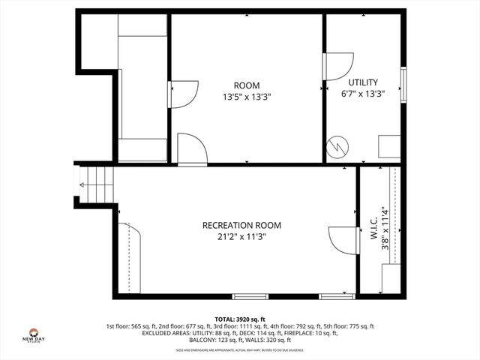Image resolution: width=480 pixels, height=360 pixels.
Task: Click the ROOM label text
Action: click(x=246, y=85)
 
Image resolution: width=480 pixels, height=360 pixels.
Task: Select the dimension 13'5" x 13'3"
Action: click(x=246, y=97)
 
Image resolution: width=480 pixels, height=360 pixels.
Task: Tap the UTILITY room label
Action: click(x=363, y=82)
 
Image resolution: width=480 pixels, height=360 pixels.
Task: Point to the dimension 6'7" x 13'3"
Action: click(x=363, y=94)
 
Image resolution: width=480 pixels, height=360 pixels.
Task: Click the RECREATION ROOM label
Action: click(x=241, y=225)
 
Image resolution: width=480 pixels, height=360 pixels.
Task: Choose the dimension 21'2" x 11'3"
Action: click(x=241, y=237)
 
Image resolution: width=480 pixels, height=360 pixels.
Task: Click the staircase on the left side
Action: click(x=98, y=180)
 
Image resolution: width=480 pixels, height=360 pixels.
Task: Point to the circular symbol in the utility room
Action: click(x=338, y=145)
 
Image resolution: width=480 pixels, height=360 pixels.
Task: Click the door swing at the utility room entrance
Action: click(x=338, y=66)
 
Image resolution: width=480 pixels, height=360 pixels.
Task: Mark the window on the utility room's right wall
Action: click(x=403, y=88)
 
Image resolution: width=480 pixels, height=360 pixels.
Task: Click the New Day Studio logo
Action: click(x=34, y=335)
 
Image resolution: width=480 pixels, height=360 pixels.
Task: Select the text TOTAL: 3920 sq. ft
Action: click(x=240, y=319)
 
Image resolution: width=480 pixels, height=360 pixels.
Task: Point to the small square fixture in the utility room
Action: click(x=388, y=145)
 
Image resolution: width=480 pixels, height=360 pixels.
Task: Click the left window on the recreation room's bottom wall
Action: click(x=250, y=296)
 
